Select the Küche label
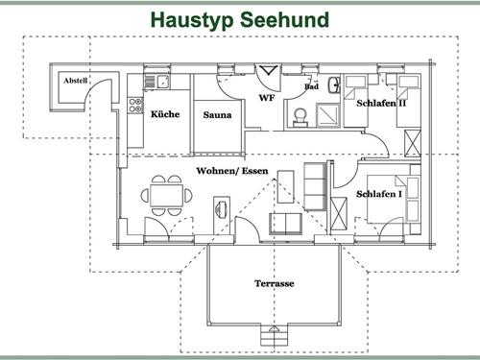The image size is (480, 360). click(165, 113)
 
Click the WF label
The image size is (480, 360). click(267, 98)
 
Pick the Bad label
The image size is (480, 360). click(311, 87)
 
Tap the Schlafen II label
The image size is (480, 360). click(381, 103)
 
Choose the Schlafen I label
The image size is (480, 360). click(378, 193)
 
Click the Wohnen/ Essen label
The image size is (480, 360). click(231, 170)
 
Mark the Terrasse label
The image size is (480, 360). click(275, 284)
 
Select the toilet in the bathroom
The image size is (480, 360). click(300, 115)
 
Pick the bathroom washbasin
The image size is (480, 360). click(333, 84)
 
